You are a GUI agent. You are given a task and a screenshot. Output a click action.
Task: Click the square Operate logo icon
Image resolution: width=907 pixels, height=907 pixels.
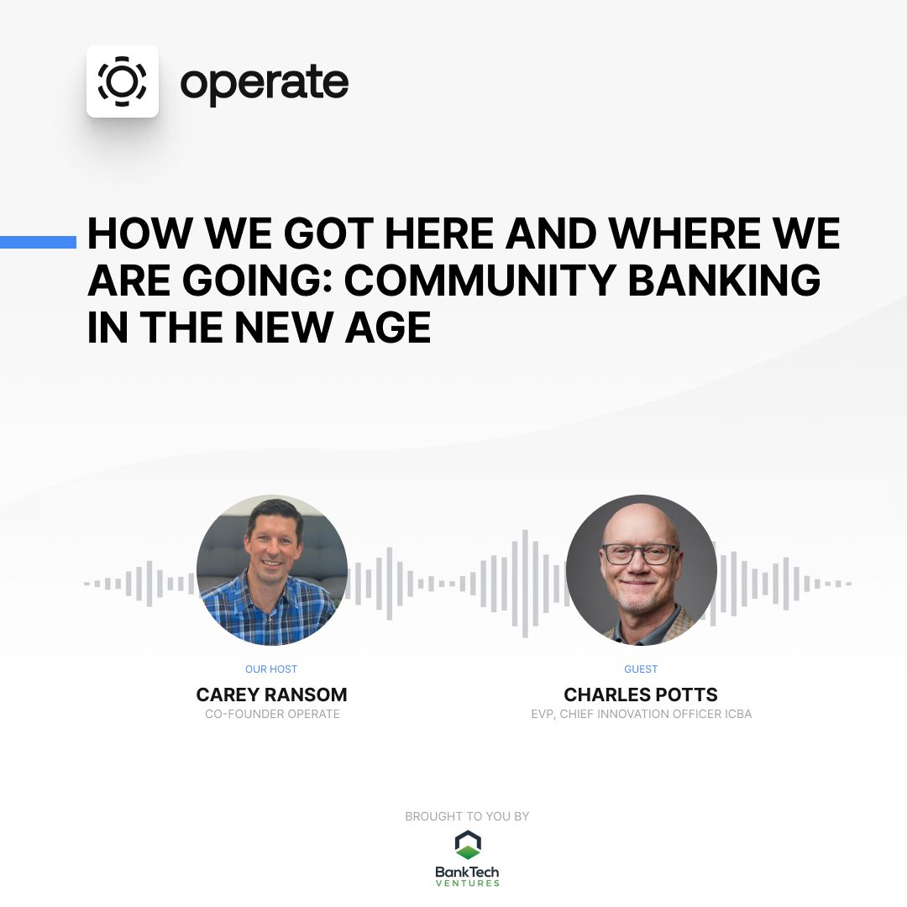[123, 81]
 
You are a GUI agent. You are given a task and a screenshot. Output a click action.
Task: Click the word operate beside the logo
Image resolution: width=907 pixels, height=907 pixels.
[265, 83]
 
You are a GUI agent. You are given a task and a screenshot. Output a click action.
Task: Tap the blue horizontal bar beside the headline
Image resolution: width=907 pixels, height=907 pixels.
[38, 242]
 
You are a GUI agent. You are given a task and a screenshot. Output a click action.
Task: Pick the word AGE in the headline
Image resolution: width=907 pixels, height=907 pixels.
[385, 328]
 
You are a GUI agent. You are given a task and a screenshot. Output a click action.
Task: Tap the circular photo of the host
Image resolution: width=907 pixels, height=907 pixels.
[272, 570]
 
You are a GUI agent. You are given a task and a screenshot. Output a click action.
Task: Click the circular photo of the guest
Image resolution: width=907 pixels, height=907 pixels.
[641, 570]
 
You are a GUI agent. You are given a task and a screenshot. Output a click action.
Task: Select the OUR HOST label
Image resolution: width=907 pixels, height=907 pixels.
[271, 669]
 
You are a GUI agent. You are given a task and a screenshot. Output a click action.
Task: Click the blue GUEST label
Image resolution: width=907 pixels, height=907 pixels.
[641, 669]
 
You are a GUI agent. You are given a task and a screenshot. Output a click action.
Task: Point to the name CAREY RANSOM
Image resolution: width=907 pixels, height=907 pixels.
[271, 695]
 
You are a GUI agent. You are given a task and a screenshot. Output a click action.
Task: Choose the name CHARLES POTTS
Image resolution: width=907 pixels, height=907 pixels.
[641, 695]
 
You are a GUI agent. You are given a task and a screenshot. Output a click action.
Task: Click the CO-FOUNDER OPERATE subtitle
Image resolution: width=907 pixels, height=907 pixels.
[272, 714]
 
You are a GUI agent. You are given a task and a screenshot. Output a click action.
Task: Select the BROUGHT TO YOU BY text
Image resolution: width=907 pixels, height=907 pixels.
[467, 816]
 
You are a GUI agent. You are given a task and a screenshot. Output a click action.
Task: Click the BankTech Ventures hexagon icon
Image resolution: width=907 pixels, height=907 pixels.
[468, 845]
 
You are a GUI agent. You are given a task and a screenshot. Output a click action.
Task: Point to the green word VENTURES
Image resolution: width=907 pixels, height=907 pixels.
[467, 883]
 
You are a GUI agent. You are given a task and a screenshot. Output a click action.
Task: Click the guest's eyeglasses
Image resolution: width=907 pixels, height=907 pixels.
[640, 554]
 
